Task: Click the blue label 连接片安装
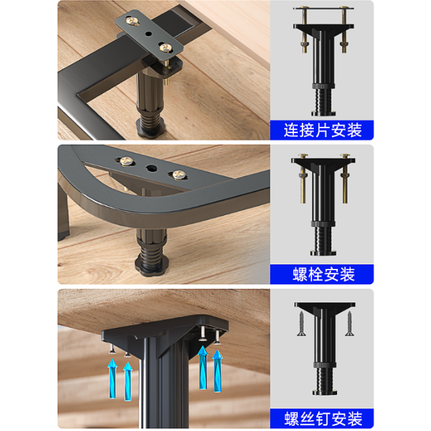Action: pos(322,130)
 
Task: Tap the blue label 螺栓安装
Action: pos(322,274)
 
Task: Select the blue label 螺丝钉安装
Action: pos(322,418)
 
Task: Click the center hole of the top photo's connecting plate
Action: pos(149,34)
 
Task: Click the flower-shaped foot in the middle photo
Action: pos(151,266)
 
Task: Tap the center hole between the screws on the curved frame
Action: pos(151,169)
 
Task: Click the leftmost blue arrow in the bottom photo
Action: pos(112,378)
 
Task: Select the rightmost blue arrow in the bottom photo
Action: pos(217,371)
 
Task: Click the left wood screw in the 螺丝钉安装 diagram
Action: pos(301,324)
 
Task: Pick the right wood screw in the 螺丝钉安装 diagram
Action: pos(349,324)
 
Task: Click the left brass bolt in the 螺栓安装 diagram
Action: pos(303,178)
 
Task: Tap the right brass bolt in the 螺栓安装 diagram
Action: pos(345,178)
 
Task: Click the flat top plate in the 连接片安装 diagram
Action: pos(323,8)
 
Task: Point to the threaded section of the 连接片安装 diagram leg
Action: pos(324,100)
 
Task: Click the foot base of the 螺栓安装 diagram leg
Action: pos(323,253)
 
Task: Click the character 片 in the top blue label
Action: pos(322,130)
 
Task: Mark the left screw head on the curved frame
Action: pos(126,161)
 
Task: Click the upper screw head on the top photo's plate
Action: pos(133,21)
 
